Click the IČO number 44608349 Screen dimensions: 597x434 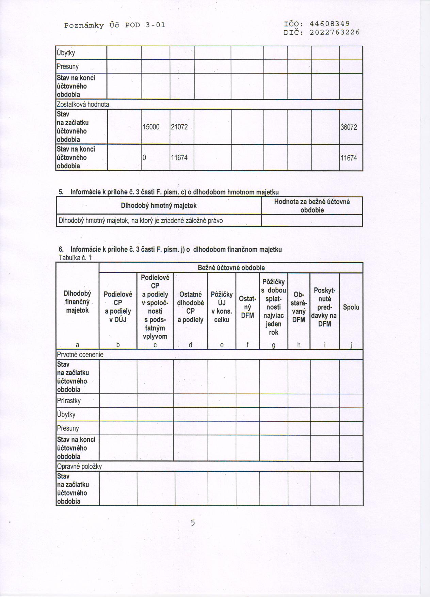point(329,24)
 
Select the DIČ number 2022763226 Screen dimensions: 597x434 point(335,32)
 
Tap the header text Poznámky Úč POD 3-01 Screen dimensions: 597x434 point(115,25)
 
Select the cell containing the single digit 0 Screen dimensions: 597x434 point(144,158)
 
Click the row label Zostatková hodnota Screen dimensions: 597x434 point(83,105)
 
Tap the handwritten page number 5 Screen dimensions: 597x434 point(193,523)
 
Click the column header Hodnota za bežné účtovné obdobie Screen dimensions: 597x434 point(312,206)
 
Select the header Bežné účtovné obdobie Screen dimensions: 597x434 point(231,268)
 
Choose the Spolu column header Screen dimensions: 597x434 point(351,307)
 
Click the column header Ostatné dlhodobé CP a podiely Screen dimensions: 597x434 point(190,307)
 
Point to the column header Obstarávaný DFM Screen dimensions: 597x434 point(299,307)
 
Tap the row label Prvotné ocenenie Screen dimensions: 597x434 point(80,355)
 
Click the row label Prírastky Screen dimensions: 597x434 point(69,401)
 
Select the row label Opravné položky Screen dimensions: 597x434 point(79,467)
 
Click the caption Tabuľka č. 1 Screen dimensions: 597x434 point(75,257)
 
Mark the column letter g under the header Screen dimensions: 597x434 point(273,345)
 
